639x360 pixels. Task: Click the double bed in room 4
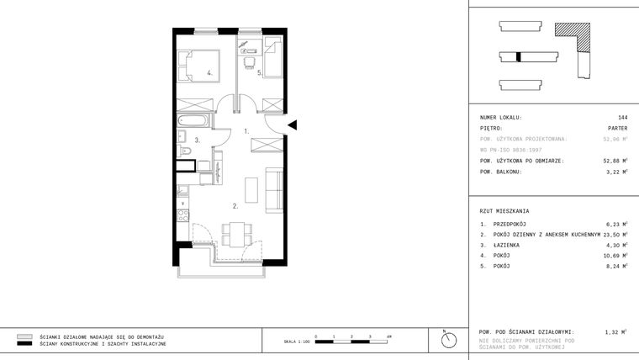point(200,65)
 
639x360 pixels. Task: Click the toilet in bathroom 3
point(187,152)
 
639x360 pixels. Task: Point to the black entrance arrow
point(292,125)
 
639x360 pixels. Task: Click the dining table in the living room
point(236,231)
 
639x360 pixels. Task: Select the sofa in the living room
point(273,188)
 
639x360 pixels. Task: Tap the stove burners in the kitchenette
point(182,215)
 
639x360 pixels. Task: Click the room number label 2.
point(236,204)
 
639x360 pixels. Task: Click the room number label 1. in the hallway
point(246,131)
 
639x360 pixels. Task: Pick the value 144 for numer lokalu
point(621,117)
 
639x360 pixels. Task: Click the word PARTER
point(616,128)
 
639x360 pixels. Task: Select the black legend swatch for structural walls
point(24,344)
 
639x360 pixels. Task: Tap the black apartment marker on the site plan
point(520,57)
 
